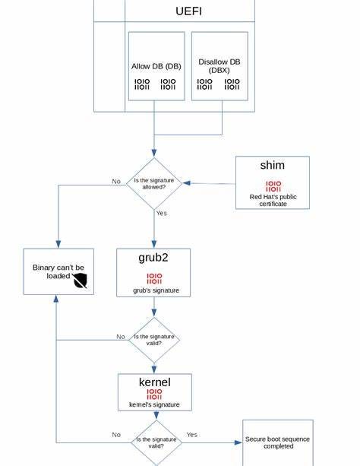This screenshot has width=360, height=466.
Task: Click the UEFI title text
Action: (x=188, y=11)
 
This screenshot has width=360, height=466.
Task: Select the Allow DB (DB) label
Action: (x=156, y=66)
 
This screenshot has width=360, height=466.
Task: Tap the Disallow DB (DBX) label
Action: (x=219, y=65)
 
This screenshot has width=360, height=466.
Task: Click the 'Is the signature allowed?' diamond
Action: (x=154, y=183)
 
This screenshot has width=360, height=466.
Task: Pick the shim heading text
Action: (x=272, y=166)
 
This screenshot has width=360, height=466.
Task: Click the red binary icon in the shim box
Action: (x=273, y=186)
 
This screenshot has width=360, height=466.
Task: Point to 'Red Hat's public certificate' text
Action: (x=273, y=200)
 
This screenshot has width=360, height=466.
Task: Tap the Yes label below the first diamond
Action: (x=161, y=214)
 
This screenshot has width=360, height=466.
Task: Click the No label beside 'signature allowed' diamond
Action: (x=116, y=182)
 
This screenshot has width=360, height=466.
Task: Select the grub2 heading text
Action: (x=153, y=258)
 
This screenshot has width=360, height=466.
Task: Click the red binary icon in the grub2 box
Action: (x=153, y=278)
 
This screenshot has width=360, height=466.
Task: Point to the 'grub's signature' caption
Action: (x=153, y=290)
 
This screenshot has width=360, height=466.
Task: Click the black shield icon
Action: (x=81, y=281)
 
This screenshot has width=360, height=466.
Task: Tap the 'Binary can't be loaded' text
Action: (x=58, y=271)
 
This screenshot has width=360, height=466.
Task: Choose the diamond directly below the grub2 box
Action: (x=154, y=340)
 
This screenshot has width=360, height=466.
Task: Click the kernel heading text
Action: (x=154, y=382)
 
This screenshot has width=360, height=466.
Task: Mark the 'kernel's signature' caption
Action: (x=154, y=404)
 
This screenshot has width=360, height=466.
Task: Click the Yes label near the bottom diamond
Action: (x=191, y=435)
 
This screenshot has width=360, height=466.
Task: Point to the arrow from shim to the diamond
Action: (x=209, y=183)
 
